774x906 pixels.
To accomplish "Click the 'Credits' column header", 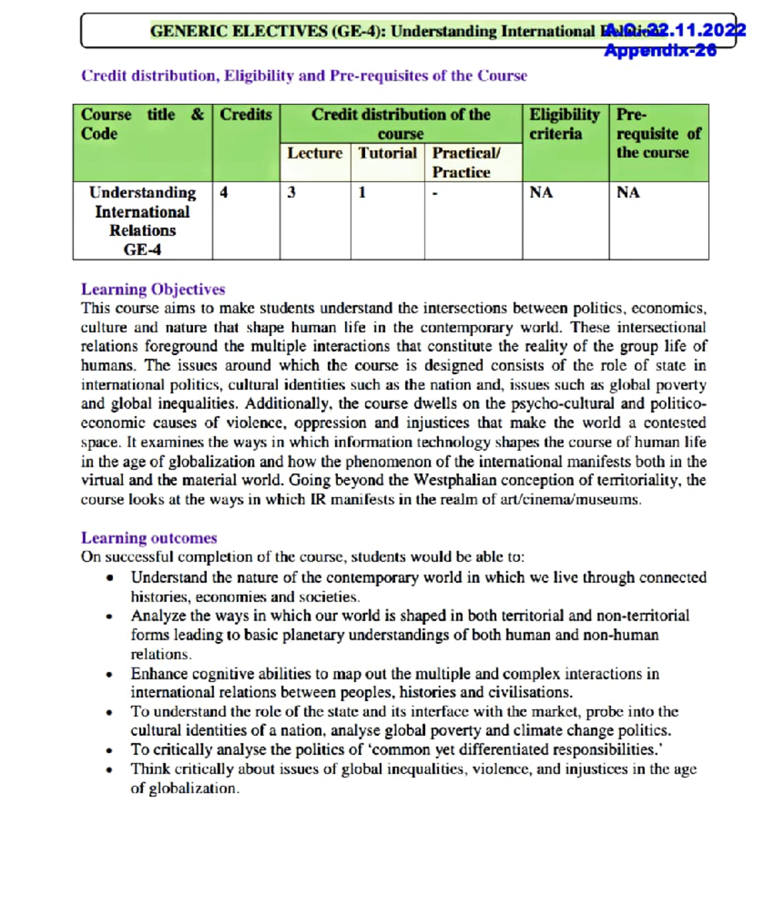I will tap(246, 115).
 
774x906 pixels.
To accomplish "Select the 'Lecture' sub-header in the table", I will tap(315, 153).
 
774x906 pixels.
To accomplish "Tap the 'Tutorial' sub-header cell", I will tap(388, 153).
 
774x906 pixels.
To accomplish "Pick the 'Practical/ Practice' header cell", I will tap(466, 162).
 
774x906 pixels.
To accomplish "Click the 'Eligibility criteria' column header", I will tap(564, 124).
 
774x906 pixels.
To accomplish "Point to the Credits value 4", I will tap(224, 193).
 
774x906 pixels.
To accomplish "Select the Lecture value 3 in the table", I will tap(292, 193).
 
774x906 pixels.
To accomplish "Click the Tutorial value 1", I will tap(362, 193).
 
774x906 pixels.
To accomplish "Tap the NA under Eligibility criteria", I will tap(541, 193).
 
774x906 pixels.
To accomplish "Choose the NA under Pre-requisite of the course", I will tap(628, 193).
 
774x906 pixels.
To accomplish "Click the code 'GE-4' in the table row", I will tap(143, 250).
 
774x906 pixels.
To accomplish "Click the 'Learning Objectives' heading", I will tap(153, 290).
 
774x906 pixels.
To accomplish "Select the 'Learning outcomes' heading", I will tap(149, 538).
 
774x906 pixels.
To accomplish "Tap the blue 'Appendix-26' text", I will tap(660, 50).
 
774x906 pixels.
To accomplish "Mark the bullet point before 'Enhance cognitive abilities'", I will tap(110, 675).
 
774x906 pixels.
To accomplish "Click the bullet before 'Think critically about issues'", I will tap(110, 770).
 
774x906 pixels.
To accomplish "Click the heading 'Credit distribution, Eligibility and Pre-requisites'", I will tap(304, 76).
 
